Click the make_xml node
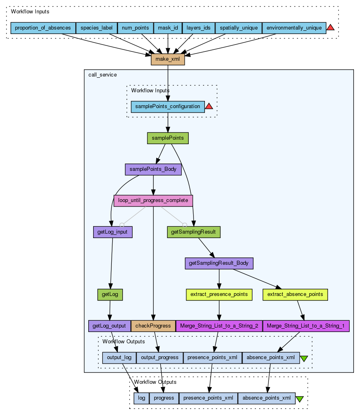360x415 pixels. pyautogui.click(x=168, y=59)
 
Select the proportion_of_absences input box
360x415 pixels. pyautogui.click(x=43, y=28)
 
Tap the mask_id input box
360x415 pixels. pyautogui.click(x=168, y=28)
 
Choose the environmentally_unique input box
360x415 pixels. pyautogui.click(x=294, y=28)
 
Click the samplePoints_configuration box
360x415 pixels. pyautogui.click(x=168, y=106)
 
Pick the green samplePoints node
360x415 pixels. pyautogui.click(x=168, y=138)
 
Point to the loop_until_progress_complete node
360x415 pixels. pyautogui.click(x=153, y=201)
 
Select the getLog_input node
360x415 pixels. pyautogui.click(x=113, y=232)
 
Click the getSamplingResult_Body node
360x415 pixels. pyautogui.click(x=219, y=263)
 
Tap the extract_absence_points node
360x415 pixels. pyautogui.click(x=295, y=295)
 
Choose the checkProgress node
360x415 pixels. pyautogui.click(x=153, y=326)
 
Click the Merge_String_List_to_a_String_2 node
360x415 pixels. pyautogui.click(x=219, y=326)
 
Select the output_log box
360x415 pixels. pyautogui.click(x=119, y=358)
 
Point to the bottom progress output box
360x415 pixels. pyautogui.click(x=164, y=398)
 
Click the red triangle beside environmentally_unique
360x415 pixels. pyautogui.click(x=330, y=27)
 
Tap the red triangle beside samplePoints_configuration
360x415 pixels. pyautogui.click(x=209, y=106)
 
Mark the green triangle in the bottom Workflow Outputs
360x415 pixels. pyautogui.click(x=300, y=399)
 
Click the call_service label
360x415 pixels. pyautogui.click(x=102, y=75)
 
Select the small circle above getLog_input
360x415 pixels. pyautogui.click(x=122, y=225)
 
